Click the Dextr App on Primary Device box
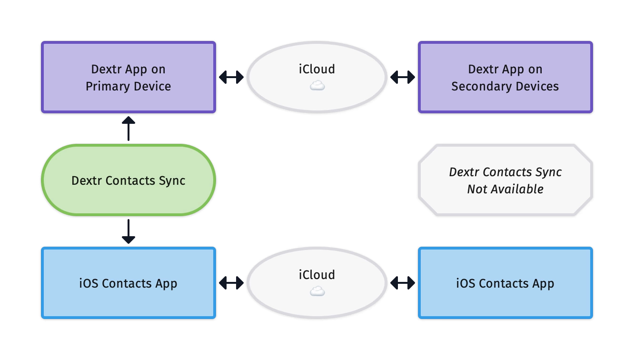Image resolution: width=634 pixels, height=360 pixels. tap(128, 77)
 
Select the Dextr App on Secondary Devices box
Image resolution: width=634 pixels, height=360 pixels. tap(505, 77)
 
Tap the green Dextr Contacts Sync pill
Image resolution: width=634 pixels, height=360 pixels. tap(129, 180)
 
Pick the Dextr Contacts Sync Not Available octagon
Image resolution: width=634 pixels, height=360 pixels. tap(505, 180)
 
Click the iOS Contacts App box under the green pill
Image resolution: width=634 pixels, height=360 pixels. tap(128, 283)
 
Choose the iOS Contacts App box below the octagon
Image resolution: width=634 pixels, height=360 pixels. tap(505, 283)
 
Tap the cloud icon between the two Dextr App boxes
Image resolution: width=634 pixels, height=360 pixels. tap(317, 86)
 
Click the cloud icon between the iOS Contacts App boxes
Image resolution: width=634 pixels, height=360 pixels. tap(317, 291)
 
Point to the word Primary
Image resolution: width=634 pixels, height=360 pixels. tap(104, 86)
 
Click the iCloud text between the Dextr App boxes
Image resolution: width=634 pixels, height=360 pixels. tap(317, 69)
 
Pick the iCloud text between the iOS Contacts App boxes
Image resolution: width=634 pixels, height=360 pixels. tap(317, 275)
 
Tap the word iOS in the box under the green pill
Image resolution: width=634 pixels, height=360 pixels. tap(89, 283)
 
